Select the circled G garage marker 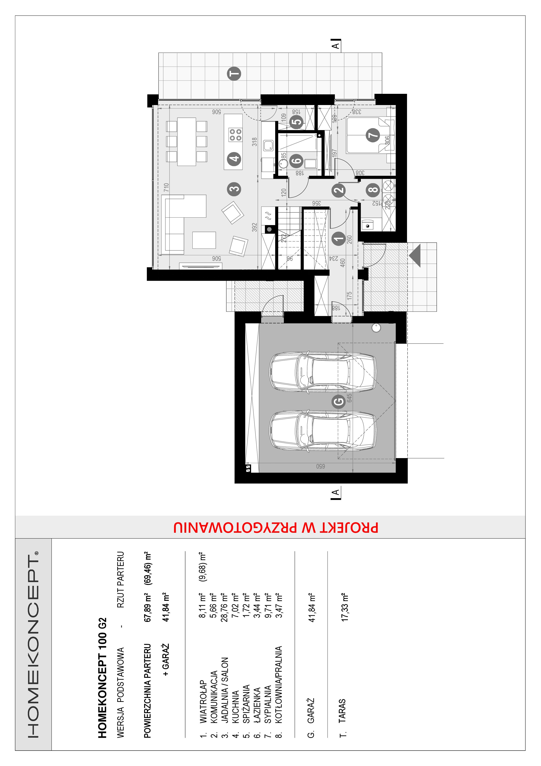coord(339,401)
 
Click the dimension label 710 coord(166,187)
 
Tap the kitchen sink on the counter coord(268,146)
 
